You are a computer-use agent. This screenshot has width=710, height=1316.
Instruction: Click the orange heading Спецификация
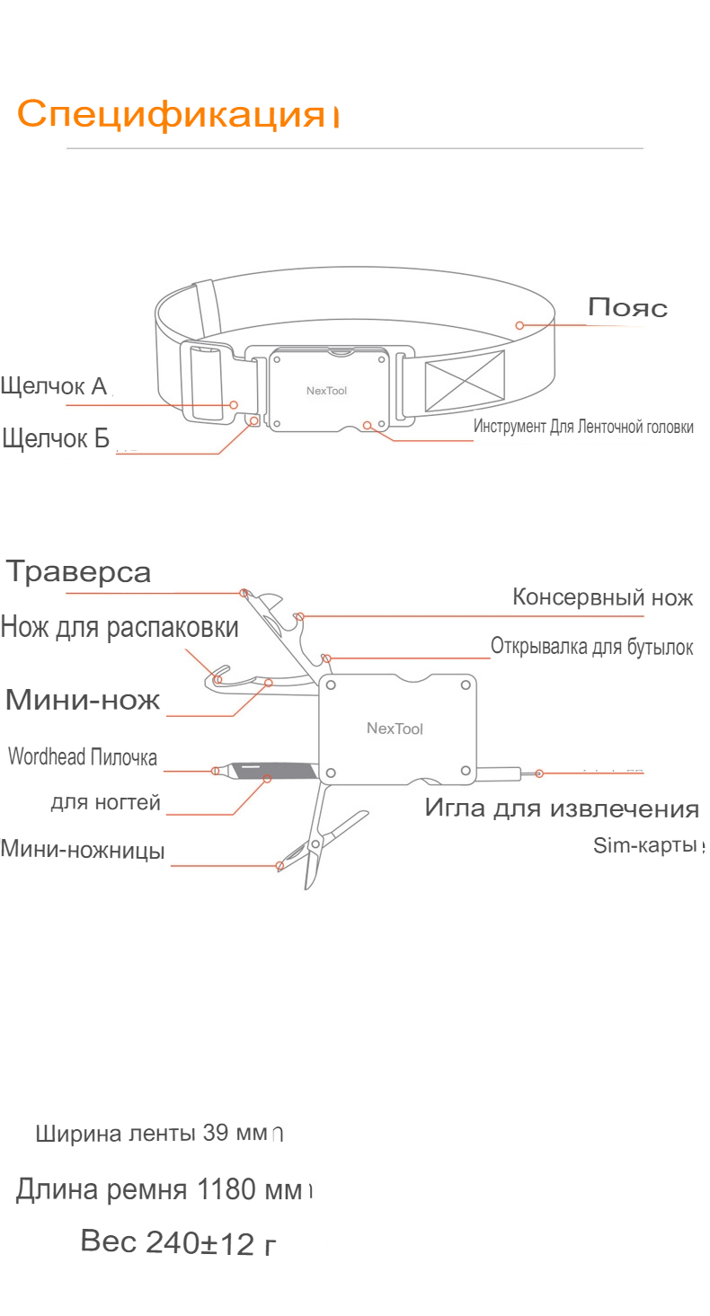click(171, 113)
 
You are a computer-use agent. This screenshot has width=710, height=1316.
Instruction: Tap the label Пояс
click(627, 307)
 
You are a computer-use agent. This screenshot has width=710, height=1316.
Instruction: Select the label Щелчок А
click(54, 386)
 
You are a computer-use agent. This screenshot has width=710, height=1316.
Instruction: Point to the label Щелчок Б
click(56, 438)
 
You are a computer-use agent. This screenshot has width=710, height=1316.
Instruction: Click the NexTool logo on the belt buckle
click(327, 391)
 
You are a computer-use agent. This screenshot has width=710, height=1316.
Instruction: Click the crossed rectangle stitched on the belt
click(465, 381)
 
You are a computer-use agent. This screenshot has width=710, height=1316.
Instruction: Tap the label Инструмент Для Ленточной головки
click(583, 427)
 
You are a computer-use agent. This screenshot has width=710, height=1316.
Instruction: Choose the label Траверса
click(78, 571)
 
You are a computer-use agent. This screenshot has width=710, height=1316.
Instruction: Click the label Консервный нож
click(602, 596)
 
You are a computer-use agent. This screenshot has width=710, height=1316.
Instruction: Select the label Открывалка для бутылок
click(592, 646)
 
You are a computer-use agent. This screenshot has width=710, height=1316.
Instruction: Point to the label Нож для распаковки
click(120, 627)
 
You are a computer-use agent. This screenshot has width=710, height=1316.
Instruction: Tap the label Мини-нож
click(83, 700)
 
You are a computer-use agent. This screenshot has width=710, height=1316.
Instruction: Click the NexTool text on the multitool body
click(395, 729)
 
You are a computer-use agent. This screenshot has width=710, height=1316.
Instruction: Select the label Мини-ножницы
click(83, 850)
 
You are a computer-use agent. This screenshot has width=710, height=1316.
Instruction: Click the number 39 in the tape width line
click(215, 1132)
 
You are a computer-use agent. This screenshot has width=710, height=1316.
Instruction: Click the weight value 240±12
click(200, 1242)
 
